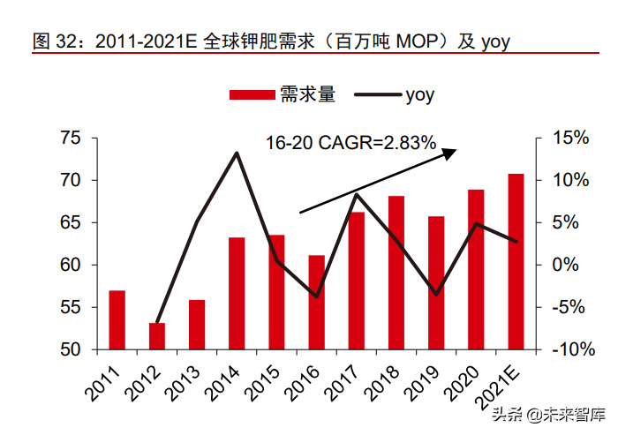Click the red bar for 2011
(x=117, y=320)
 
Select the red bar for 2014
(x=237, y=294)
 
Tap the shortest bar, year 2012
(x=157, y=336)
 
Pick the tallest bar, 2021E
(x=516, y=262)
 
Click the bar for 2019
(x=436, y=283)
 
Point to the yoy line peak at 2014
(x=237, y=153)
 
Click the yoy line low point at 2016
(x=316, y=296)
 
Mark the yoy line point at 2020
(x=476, y=224)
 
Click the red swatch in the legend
(x=252, y=95)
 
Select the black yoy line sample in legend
(x=378, y=94)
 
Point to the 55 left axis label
(x=70, y=307)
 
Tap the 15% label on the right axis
(x=570, y=138)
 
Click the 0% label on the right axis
(x=565, y=265)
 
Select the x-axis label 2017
(x=341, y=383)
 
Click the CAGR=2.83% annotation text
(x=377, y=143)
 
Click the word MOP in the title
(x=417, y=41)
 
